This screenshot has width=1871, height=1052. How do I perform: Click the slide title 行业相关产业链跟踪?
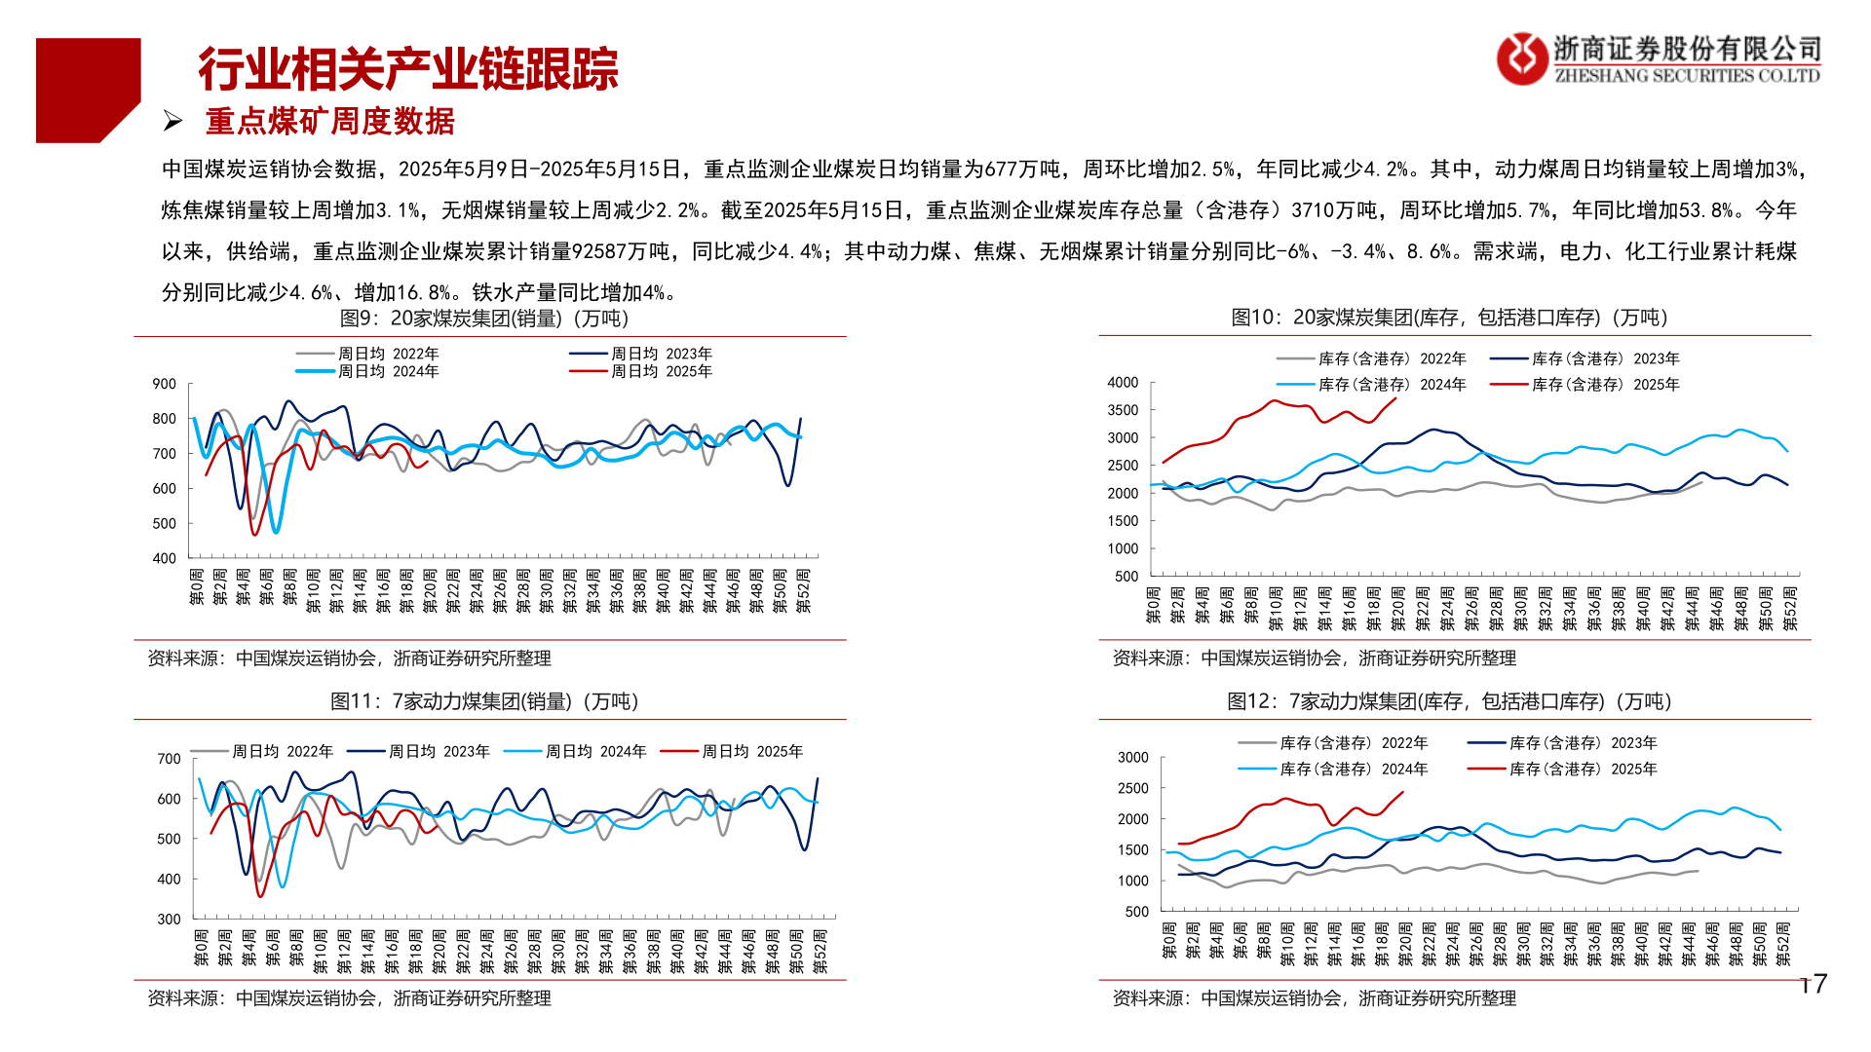pos(408,69)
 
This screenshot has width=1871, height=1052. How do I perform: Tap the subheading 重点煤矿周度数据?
pos(329,122)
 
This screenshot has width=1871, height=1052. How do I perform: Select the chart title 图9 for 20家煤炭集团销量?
pos(484,319)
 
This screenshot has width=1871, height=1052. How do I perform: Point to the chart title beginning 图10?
pos(1449,318)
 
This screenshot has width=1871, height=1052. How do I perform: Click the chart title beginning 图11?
pos(484,701)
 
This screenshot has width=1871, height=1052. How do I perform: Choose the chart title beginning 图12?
pos(1449,701)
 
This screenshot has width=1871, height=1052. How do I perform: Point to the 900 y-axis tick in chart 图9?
pos(164,384)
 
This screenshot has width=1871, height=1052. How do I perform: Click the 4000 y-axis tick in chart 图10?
pos(1123,383)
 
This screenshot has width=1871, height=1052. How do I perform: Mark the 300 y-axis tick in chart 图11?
pos(169,919)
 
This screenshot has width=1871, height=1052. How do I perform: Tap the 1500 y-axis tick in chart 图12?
pos(1132,849)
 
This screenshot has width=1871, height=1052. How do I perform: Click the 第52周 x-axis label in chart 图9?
pos(803,591)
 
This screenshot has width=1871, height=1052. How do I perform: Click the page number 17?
pos(1814,985)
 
